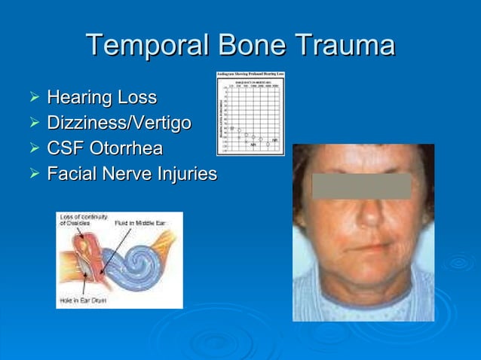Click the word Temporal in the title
coord(148,45)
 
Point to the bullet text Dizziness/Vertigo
coord(118,123)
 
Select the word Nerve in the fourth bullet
coord(125,174)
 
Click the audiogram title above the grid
coord(250,75)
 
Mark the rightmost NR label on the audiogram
coord(275,140)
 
